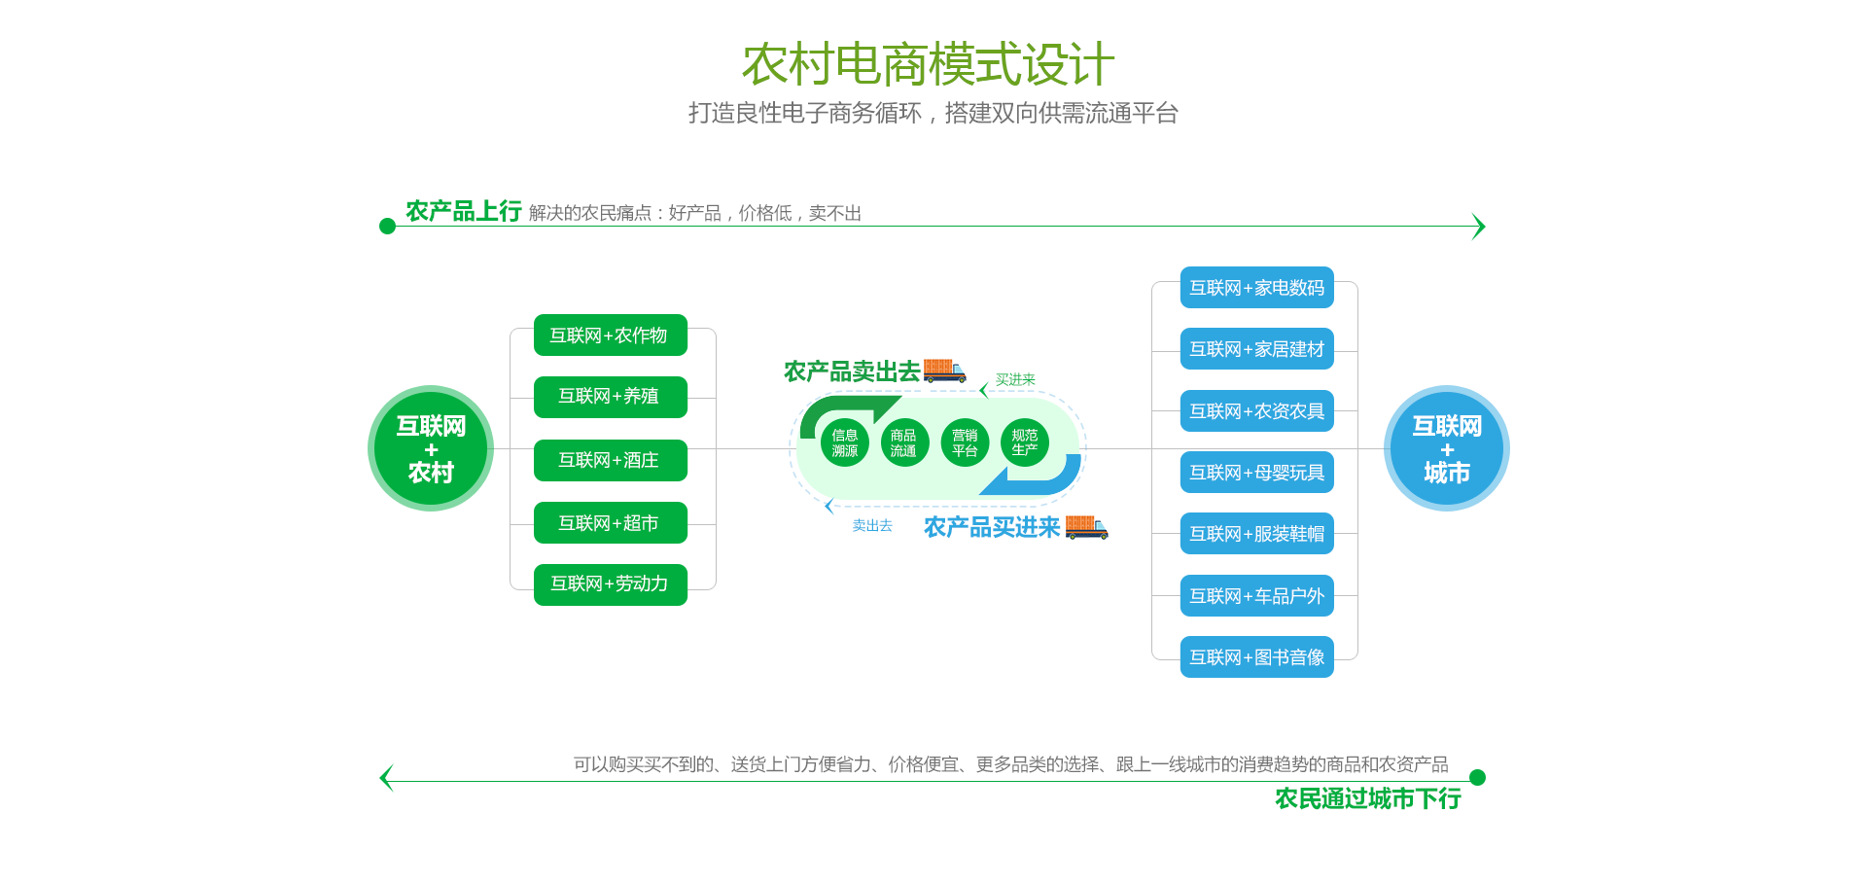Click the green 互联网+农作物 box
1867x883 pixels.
pos(610,336)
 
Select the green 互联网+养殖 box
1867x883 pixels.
pos(610,397)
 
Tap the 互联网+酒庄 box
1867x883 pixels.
pos(610,460)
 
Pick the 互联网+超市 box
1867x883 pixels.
pos(610,523)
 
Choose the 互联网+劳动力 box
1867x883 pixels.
pos(610,584)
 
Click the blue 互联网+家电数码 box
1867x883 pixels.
pos(1256,288)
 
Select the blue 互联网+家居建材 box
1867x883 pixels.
pos(1256,349)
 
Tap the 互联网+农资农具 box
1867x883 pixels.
pos(1256,411)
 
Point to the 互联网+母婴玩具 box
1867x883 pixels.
pos(1256,473)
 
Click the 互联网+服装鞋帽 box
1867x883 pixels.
pos(1256,534)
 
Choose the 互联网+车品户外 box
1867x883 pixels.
pos(1256,596)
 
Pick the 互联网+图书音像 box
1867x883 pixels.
pos(1256,657)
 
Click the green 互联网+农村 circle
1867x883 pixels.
pos(431,448)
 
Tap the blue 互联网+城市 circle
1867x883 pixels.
pos(1447,448)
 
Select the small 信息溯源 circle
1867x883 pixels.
pos(845,442)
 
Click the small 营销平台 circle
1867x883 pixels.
pos(965,442)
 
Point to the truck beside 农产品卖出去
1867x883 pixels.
pos(944,371)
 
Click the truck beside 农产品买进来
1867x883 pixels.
pos(1086,527)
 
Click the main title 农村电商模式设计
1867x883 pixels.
pos(928,64)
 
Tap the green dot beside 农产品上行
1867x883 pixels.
pos(387,227)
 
